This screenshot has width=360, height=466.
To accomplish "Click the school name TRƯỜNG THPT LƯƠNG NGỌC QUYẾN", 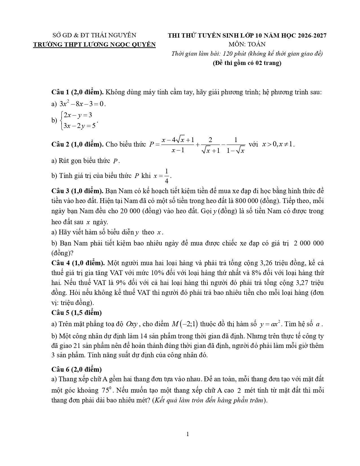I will (x=94, y=45).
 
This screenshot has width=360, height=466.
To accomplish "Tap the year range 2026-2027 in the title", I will (x=312, y=35).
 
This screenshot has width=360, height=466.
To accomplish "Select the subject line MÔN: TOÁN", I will (x=247, y=44).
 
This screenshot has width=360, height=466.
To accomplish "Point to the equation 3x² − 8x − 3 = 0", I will (x=82, y=104).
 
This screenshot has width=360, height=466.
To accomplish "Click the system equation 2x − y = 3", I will (x=78, y=115).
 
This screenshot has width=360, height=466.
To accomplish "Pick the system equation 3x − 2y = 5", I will (x=80, y=126).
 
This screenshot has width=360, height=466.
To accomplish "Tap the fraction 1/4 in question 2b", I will (x=167, y=176).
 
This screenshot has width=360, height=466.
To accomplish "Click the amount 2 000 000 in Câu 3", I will (x=309, y=243).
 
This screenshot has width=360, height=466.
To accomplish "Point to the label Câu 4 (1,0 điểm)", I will (x=78, y=263).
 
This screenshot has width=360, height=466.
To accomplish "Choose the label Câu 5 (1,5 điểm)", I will (x=77, y=313).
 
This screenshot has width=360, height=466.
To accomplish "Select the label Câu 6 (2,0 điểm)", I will (x=77, y=369).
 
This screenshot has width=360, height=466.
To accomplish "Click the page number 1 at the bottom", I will (x=188, y=434).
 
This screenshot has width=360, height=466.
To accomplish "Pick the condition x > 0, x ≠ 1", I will (x=278, y=144).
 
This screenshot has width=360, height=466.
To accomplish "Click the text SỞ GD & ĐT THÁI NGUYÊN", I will (x=94, y=35).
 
